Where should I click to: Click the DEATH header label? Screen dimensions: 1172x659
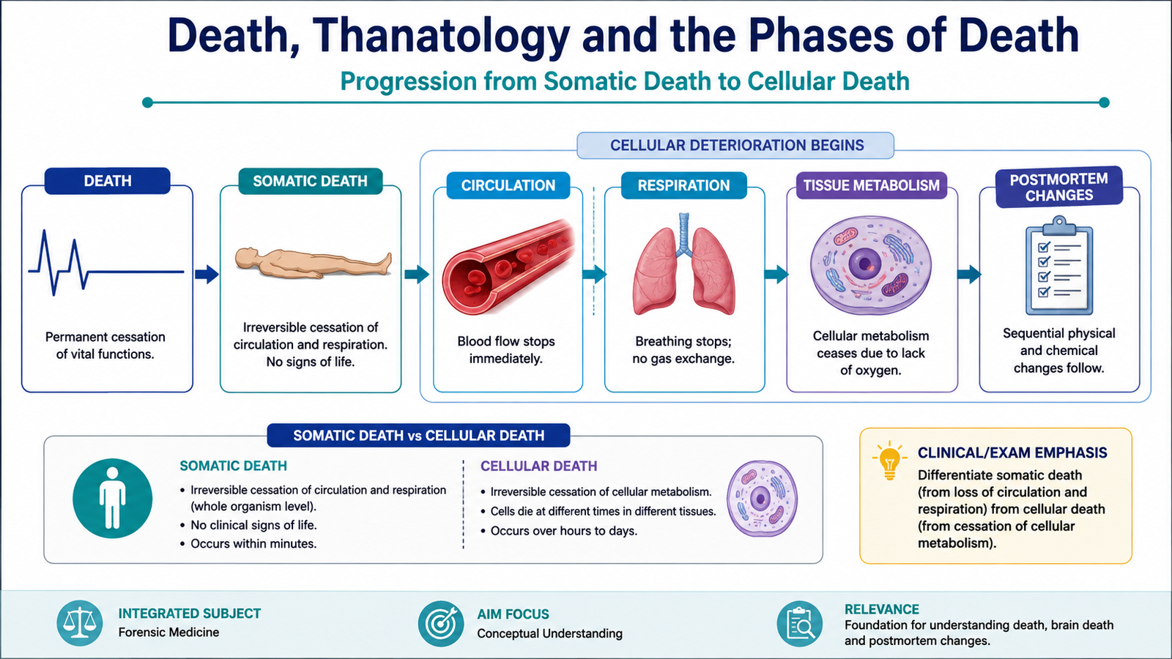(x=107, y=181)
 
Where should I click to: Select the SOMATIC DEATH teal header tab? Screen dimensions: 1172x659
(x=311, y=181)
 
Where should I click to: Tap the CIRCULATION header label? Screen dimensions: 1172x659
(x=508, y=185)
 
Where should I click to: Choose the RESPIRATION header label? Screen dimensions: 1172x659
(x=683, y=185)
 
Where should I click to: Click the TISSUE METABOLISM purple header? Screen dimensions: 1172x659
(x=871, y=185)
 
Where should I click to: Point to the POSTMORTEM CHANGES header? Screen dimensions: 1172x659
(x=1059, y=187)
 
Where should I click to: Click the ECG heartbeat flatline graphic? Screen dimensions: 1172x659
(x=106, y=263)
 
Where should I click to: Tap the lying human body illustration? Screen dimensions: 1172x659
(x=313, y=262)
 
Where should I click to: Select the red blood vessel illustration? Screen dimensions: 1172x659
(x=508, y=267)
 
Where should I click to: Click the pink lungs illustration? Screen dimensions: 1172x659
(x=683, y=264)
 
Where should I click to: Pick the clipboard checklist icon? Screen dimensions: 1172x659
(x=1059, y=265)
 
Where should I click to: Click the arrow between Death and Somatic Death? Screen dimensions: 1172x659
(x=207, y=274)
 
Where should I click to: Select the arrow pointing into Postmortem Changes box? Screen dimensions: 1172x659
(x=969, y=274)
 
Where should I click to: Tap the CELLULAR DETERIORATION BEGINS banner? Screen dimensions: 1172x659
(x=735, y=146)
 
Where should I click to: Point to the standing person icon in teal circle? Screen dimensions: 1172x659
(x=113, y=499)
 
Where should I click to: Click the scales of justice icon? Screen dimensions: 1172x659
(x=80, y=623)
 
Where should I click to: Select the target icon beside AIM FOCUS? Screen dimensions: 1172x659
(x=441, y=623)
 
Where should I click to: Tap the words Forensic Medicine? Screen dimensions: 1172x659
(x=168, y=633)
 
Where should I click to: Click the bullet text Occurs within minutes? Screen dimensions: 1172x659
(x=253, y=544)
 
